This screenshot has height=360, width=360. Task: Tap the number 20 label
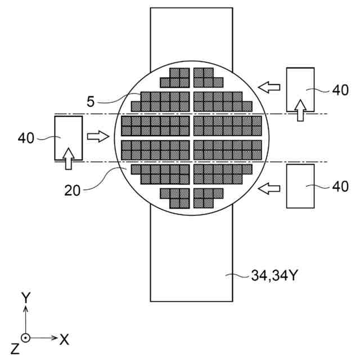pos(72,190)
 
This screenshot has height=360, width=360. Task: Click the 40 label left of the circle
pos(26,137)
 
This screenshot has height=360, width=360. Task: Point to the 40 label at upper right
pos(340,90)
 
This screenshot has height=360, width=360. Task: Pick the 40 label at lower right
pos(340,186)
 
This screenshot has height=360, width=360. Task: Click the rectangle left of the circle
pos(68,138)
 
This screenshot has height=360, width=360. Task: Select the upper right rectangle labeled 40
pos(300,89)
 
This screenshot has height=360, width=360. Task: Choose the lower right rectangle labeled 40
pos(300,186)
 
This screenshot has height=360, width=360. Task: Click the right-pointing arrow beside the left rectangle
pos(97,137)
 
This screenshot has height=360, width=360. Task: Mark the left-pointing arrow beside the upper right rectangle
pos(269,87)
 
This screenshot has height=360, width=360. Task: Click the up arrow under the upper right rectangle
pos(301,110)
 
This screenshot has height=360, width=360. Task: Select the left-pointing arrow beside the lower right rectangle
pos(269,190)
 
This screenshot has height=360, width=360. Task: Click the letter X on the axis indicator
pos(64,339)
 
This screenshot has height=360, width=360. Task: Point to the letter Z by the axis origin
pos(13,349)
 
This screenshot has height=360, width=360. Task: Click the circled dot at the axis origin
pos(25,338)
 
